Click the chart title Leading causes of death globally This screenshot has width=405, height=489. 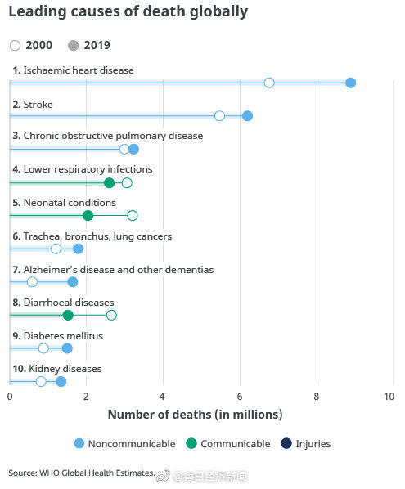(x=128, y=12)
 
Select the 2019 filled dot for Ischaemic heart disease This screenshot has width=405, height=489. (x=350, y=83)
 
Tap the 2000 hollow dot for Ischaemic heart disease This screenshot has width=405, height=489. (x=269, y=83)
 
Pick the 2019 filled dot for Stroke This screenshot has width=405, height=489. (x=247, y=116)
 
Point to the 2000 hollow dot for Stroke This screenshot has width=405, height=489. (x=219, y=116)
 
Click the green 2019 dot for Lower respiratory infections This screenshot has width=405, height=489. (x=110, y=182)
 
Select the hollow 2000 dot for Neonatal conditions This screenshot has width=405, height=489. (x=133, y=215)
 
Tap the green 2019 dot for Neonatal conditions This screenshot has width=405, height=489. (x=88, y=215)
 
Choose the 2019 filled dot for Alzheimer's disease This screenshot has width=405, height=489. (x=72, y=282)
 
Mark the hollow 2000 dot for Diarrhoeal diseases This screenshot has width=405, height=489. (x=111, y=315)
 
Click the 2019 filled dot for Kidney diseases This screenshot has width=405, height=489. (x=61, y=381)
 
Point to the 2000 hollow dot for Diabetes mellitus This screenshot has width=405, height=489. (x=43, y=348)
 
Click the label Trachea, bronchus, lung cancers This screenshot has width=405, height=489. (x=92, y=236)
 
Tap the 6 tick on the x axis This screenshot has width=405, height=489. (x=240, y=397)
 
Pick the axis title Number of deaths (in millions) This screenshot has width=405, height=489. (x=195, y=415)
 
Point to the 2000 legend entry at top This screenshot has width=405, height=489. (x=29, y=46)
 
